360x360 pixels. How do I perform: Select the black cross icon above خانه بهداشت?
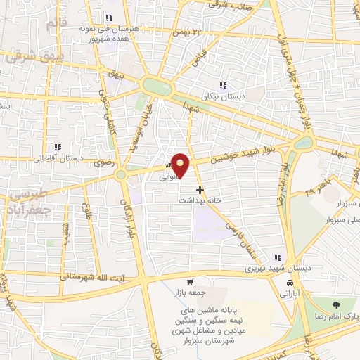(x=200, y=190)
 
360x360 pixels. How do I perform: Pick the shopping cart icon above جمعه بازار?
(x=190, y=281)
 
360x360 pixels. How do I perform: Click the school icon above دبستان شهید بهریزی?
(x=279, y=257)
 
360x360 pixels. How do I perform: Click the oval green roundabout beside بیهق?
(x=157, y=86)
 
